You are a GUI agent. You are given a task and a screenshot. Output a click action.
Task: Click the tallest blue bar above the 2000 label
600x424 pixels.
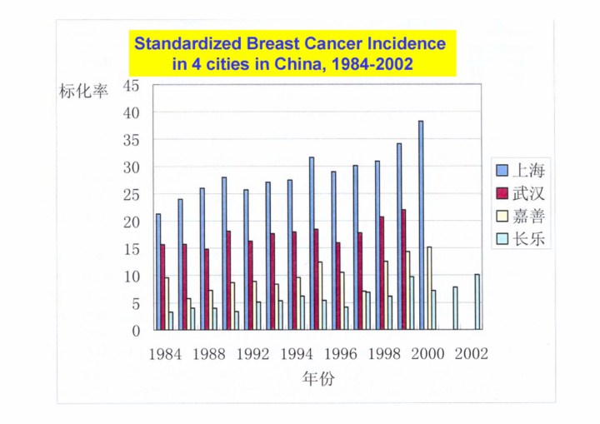pyautogui.click(x=421, y=225)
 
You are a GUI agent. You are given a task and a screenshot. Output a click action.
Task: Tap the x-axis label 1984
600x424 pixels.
pyautogui.click(x=165, y=353)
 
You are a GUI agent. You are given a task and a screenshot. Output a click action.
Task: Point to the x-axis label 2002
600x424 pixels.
pyautogui.click(x=471, y=353)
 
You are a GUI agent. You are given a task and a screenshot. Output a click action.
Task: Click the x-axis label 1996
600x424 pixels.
pyautogui.click(x=340, y=353)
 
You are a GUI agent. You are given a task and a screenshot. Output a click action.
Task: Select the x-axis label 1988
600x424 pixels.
pyautogui.click(x=208, y=353)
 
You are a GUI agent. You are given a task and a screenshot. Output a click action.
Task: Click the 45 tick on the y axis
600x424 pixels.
pyautogui.click(x=131, y=85)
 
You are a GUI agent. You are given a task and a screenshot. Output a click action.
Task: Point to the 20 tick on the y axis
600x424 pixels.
pyautogui.click(x=131, y=222)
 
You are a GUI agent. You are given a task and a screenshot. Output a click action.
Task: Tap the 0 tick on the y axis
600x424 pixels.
pyautogui.click(x=136, y=331)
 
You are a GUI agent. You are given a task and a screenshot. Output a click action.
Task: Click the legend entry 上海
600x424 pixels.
pyautogui.click(x=527, y=171)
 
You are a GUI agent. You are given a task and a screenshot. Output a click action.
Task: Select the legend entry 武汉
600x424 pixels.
pyautogui.click(x=527, y=194)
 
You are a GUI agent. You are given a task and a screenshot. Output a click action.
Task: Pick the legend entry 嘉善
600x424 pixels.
pyautogui.click(x=527, y=217)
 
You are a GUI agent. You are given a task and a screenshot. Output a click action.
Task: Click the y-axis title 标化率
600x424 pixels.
pyautogui.click(x=83, y=91)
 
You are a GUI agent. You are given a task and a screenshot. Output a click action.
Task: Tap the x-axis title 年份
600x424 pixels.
pyautogui.click(x=317, y=379)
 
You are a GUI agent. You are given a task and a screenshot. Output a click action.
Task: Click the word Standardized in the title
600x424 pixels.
pyautogui.click(x=185, y=44)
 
